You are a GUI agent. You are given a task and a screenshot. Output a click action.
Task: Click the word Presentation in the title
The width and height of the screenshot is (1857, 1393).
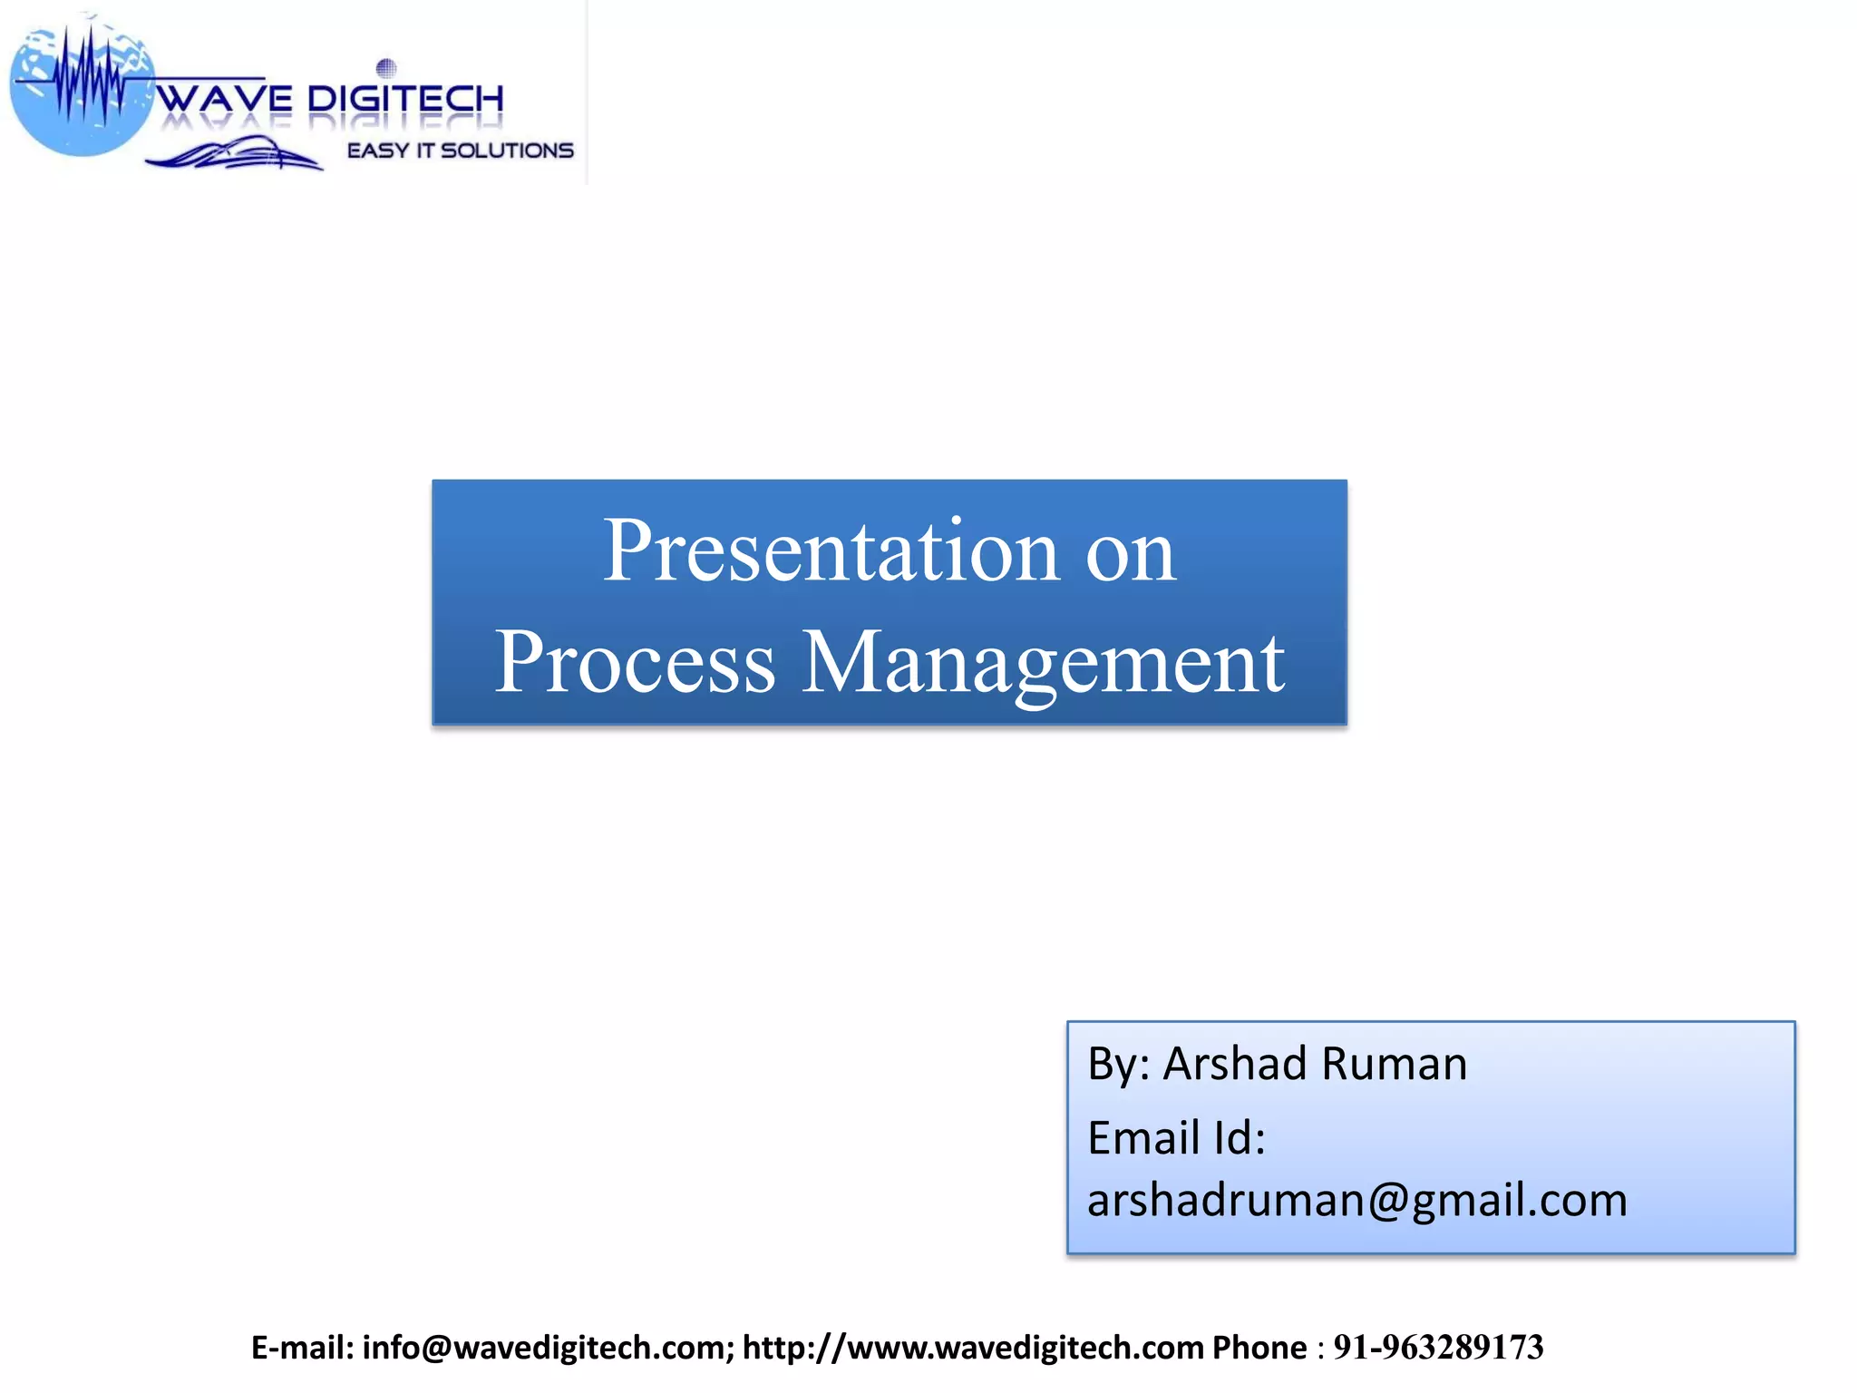tap(831, 550)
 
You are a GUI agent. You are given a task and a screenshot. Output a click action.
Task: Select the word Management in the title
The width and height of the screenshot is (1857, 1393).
tap(1043, 663)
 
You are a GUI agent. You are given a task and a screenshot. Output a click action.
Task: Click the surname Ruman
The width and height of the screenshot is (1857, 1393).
tap(1393, 1063)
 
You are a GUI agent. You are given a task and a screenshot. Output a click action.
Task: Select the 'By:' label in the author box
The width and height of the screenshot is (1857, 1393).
tap(1117, 1063)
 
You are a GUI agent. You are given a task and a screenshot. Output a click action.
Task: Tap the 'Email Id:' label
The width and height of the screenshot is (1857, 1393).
tap(1176, 1137)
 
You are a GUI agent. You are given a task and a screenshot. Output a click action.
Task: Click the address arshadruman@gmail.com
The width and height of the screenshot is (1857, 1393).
tap(1356, 1200)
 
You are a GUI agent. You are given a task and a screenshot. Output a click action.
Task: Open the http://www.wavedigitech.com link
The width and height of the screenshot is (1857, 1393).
tap(973, 1348)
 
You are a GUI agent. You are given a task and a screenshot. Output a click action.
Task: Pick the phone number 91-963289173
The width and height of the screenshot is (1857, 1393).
tap(1438, 1348)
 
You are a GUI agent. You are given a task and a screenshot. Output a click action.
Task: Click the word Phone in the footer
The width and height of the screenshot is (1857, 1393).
tap(1259, 1348)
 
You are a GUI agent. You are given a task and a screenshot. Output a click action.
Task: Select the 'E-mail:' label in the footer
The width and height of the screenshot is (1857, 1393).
tap(303, 1348)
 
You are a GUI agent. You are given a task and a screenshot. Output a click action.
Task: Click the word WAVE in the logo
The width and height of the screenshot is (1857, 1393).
tap(225, 99)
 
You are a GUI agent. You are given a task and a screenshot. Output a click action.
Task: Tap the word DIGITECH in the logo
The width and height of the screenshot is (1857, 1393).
tap(405, 99)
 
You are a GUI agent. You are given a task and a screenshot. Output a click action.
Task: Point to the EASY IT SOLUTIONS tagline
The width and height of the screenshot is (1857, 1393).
tap(461, 151)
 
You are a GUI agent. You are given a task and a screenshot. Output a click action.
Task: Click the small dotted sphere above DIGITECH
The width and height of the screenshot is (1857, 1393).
tap(386, 67)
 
